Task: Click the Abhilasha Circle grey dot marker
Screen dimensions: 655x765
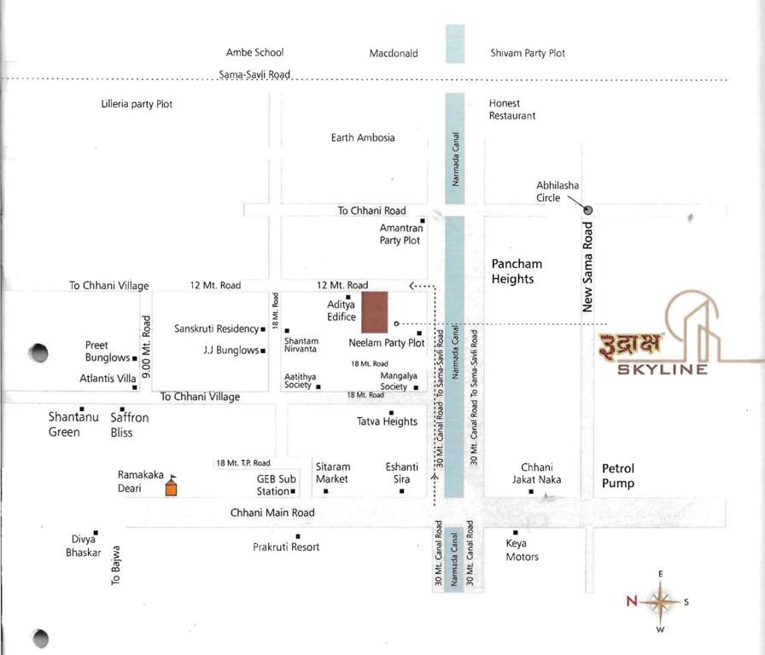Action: (x=588, y=209)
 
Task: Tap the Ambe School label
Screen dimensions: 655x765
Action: (x=254, y=53)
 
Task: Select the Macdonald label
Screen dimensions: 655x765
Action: (x=394, y=54)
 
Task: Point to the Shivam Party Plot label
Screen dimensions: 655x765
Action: (x=528, y=53)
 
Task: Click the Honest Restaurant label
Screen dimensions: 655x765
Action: (x=512, y=109)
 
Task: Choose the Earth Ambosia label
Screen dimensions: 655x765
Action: (x=363, y=137)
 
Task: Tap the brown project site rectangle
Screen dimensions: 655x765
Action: (x=374, y=312)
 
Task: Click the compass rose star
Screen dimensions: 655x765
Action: (x=660, y=601)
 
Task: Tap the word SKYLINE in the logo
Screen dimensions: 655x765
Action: (x=663, y=370)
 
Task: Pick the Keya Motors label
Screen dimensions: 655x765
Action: (x=522, y=550)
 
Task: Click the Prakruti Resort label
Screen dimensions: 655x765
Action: (x=286, y=547)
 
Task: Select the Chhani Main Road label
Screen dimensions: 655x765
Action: (x=272, y=513)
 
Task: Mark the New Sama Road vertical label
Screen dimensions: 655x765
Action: (x=588, y=267)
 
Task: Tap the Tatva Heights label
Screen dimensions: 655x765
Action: (x=387, y=421)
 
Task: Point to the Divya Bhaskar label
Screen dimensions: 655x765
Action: (x=88, y=546)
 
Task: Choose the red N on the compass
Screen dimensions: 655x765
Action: (x=632, y=601)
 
